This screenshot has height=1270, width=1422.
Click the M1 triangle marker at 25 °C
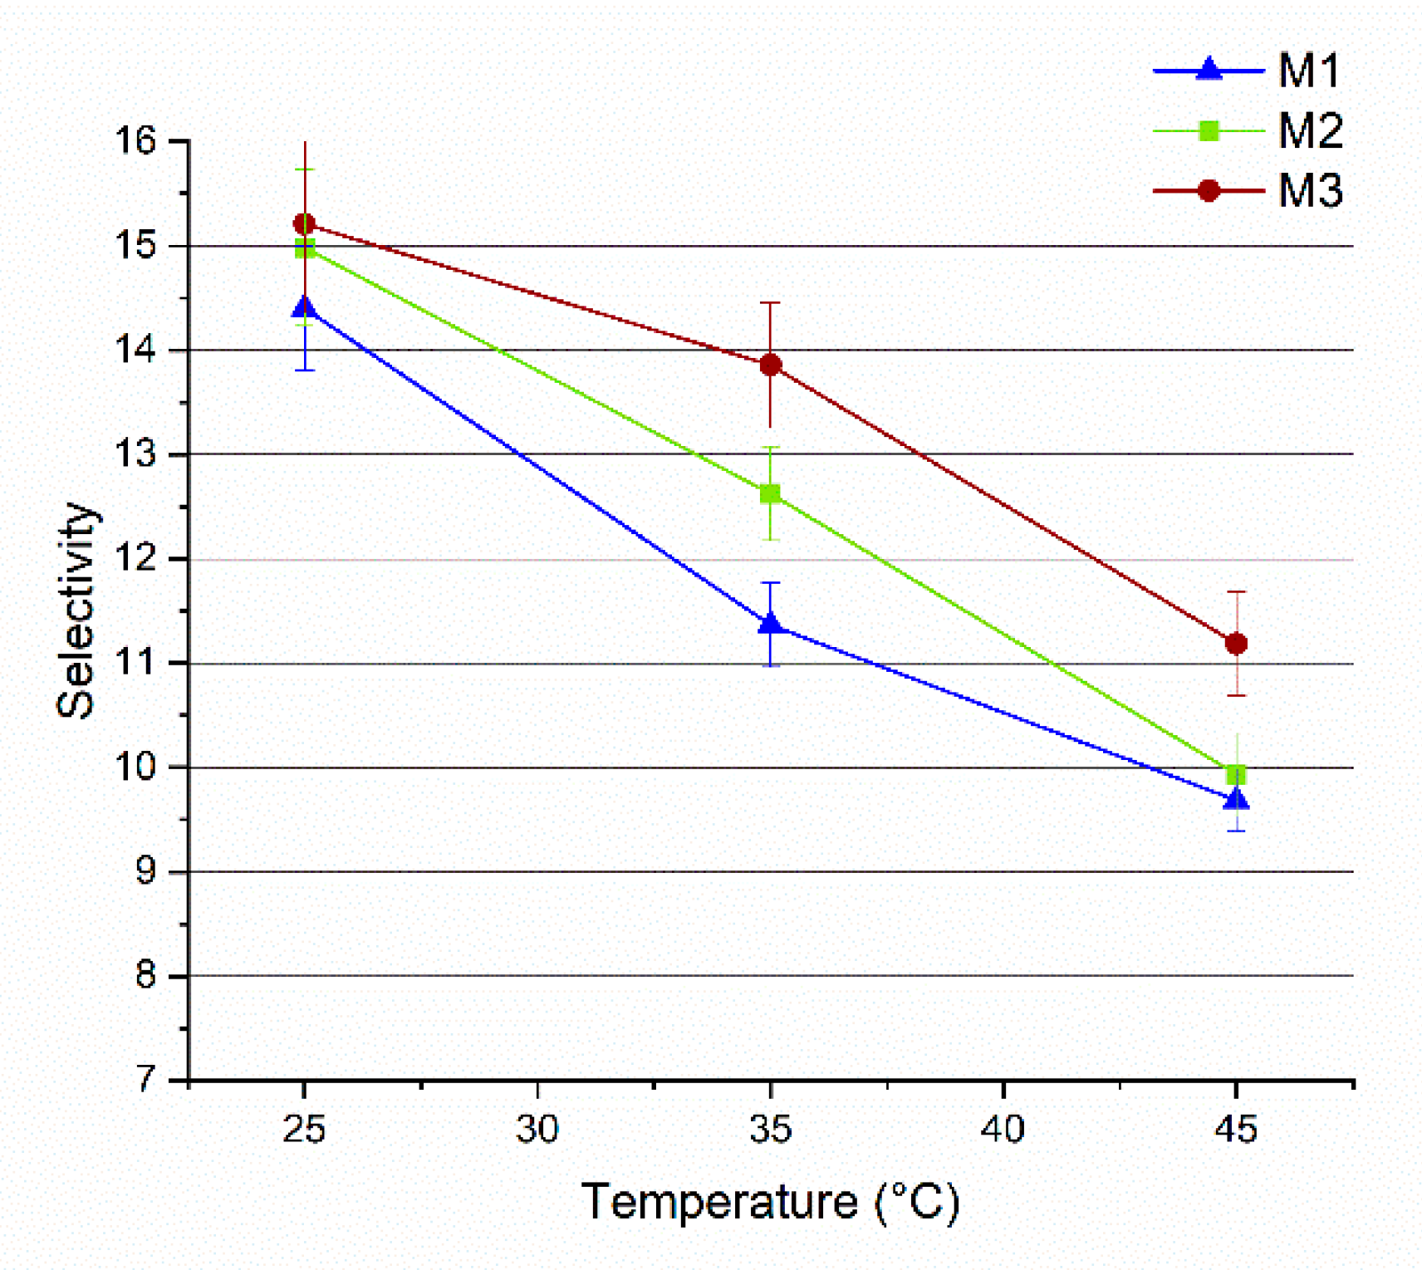(305, 308)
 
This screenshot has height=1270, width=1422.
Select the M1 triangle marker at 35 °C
(771, 624)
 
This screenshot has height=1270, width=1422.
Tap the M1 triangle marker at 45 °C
(1236, 799)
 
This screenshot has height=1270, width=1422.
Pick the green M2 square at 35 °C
(771, 494)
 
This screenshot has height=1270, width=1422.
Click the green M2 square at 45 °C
(1236, 775)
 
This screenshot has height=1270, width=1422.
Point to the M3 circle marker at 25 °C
(305, 223)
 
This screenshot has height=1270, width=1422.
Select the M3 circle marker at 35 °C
(771, 365)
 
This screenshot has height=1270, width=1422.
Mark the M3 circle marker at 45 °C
(1236, 643)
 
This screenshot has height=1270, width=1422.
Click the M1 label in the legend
(1309, 71)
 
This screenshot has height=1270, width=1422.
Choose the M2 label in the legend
(1310, 131)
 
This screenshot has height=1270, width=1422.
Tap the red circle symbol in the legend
(1209, 191)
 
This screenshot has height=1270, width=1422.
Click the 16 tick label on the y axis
(135, 141)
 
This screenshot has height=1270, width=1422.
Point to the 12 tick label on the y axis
(135, 558)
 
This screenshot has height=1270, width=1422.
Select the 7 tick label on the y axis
(146, 1079)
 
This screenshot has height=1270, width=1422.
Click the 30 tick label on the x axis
(537, 1130)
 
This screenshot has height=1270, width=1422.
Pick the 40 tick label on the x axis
(1003, 1130)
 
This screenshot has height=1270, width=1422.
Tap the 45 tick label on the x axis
(1236, 1130)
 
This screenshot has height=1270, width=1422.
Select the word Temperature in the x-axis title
(719, 1201)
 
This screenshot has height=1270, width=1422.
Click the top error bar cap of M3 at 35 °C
(771, 303)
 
